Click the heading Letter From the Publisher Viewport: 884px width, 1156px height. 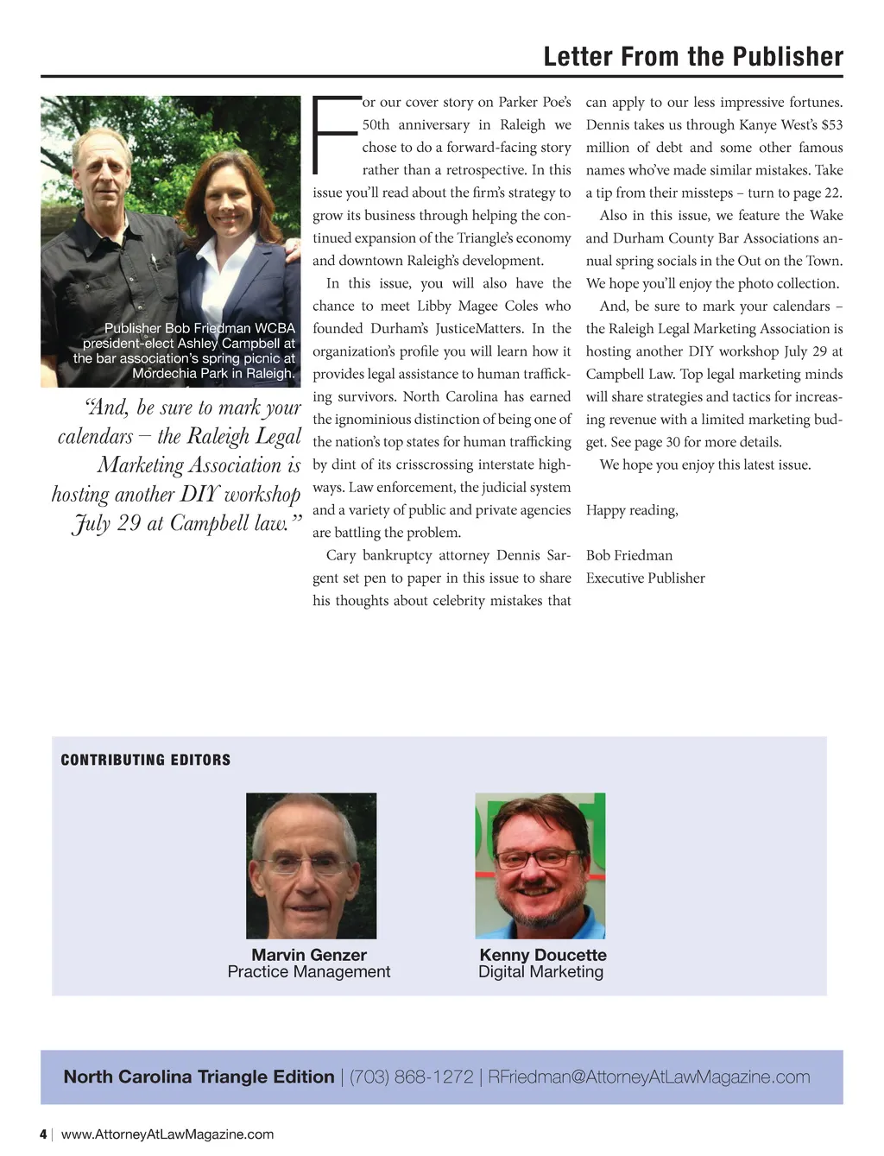click(x=693, y=57)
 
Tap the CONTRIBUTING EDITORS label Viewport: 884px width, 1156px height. click(x=146, y=760)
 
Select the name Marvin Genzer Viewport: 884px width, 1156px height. click(x=309, y=955)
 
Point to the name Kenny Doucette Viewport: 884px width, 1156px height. click(x=543, y=955)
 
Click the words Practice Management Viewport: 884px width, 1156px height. click(x=309, y=972)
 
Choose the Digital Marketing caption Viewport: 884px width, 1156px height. click(x=541, y=972)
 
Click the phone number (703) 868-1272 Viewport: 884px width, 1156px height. click(x=411, y=1077)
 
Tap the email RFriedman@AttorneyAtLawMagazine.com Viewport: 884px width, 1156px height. click(x=649, y=1077)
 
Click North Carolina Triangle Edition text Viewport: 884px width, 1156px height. click(x=199, y=1077)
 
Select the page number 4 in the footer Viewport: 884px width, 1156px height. click(x=43, y=1134)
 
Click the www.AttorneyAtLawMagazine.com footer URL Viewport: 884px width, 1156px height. click(x=167, y=1134)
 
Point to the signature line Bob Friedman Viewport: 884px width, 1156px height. click(x=628, y=555)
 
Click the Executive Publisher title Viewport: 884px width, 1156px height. click(x=645, y=578)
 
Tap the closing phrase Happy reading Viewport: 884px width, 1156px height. click(x=632, y=510)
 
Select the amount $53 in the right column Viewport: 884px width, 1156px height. click(x=831, y=125)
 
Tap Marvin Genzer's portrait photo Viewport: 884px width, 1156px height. click(x=311, y=865)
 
